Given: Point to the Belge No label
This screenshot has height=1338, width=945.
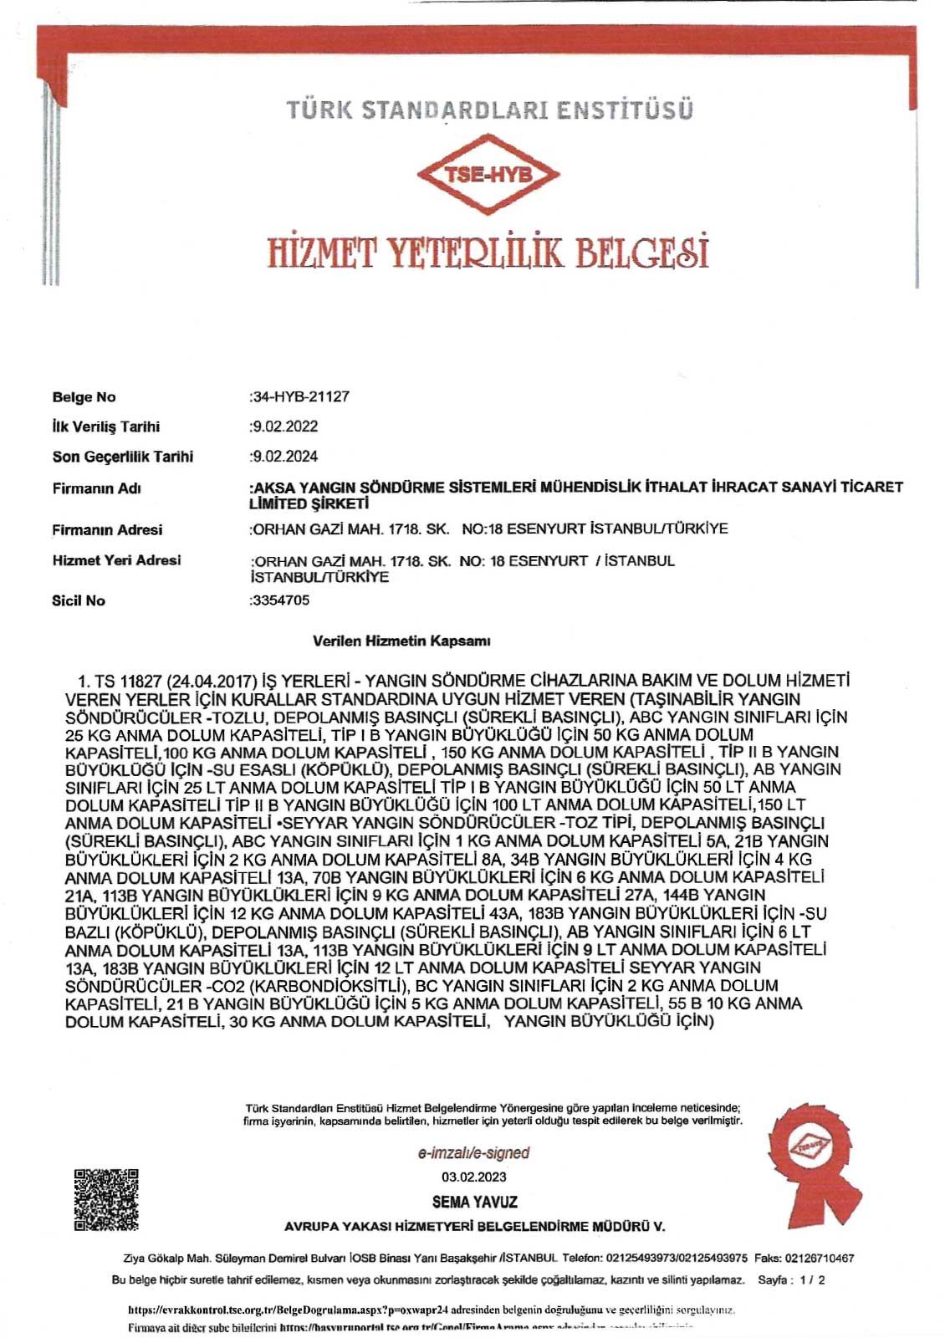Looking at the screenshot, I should point(84,397).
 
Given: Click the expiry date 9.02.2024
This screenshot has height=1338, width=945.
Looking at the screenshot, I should point(285,457).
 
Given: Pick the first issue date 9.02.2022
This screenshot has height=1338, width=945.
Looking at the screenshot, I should point(285,426).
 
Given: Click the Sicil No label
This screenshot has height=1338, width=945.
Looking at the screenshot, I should point(79,600).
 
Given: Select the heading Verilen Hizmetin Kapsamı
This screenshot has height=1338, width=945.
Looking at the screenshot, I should point(401,641).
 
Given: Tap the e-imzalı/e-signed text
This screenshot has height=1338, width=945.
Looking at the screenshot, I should point(474,1153).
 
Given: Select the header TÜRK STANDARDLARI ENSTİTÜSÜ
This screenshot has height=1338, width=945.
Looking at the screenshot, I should point(489,110).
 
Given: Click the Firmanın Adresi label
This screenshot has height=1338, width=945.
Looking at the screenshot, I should point(107,530).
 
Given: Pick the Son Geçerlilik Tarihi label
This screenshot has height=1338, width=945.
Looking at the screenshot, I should point(122,457).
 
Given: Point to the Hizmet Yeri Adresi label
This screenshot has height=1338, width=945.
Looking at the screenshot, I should point(116,560).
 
